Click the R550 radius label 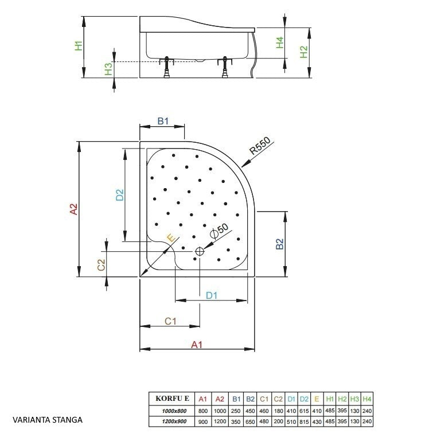pos(260,146)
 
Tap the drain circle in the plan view pos(200,252)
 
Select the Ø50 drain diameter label pos(219,231)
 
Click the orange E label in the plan pos(171,237)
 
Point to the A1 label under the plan pos(197,345)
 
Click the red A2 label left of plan pos(74,209)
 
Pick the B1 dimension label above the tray pos(163,121)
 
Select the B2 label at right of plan pos(280,244)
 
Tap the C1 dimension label pos(170,321)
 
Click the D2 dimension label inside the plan pos(120,194)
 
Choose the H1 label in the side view pos(79,45)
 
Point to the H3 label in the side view pos(108,69)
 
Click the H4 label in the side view pos(280,42)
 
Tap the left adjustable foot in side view pos(166,67)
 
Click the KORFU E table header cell pos(172,398)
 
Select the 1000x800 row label pos(174,411)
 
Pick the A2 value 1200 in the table pos(220,422)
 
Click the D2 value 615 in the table pos(304,411)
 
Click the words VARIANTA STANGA pos(48,420)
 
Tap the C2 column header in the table pos(278,399)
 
